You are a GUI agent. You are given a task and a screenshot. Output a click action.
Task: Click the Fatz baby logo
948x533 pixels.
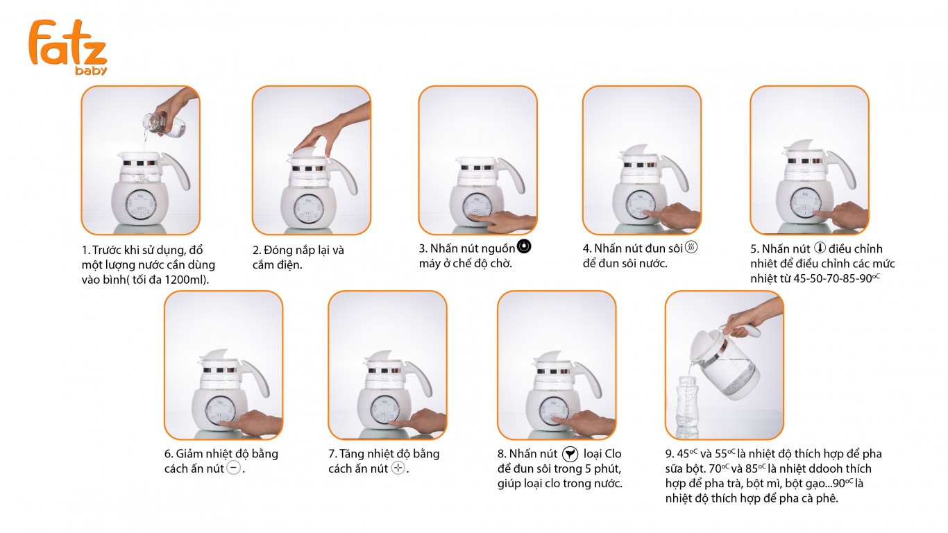click(67, 46)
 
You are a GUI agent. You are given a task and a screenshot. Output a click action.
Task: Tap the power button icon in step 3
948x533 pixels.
click(524, 247)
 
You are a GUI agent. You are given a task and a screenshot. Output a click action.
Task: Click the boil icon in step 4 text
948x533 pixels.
click(691, 247)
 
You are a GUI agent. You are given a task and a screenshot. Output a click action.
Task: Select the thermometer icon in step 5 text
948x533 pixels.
click(819, 248)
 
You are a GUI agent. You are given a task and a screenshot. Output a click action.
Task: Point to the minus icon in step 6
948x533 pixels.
click(234, 468)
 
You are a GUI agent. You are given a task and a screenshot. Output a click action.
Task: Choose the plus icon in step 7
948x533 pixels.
click(398, 468)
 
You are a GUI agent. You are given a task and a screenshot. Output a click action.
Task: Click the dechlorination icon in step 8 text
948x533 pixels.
click(570, 454)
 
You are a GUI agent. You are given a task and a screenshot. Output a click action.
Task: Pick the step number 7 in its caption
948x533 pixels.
click(332, 454)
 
